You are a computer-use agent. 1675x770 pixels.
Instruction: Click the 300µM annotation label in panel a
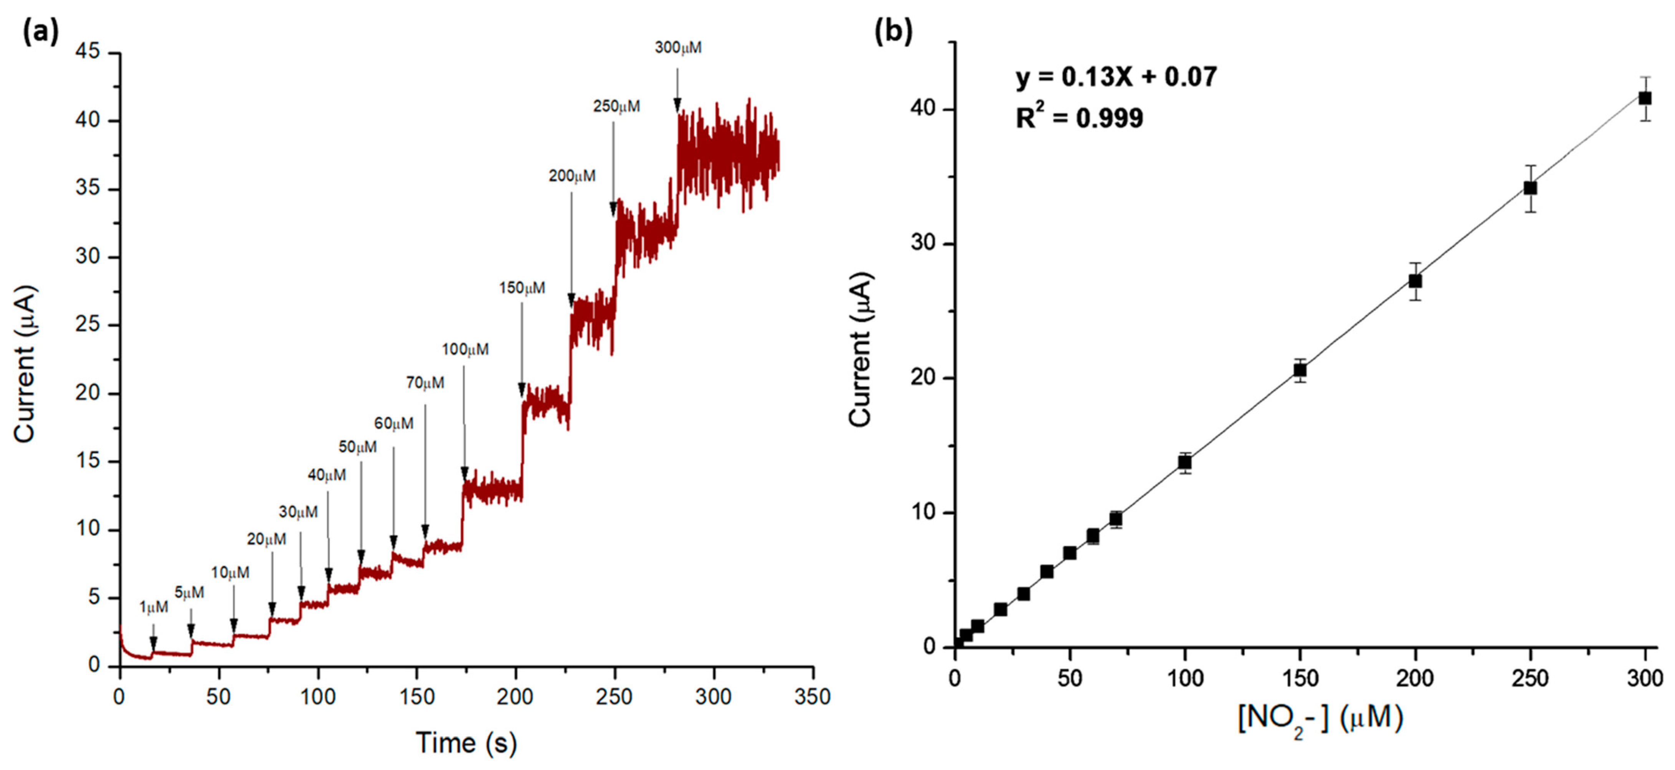point(678,48)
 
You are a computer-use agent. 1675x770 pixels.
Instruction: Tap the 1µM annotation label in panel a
point(154,607)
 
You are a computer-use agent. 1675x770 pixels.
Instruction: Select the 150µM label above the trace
point(522,288)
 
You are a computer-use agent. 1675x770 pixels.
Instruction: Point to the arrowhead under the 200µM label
point(572,300)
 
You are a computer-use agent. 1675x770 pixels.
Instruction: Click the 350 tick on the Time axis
point(812,697)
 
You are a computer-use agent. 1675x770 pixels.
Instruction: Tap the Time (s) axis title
point(466,743)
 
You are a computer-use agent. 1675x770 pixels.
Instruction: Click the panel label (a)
point(40,31)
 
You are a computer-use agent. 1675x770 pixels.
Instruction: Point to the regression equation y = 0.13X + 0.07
point(1116,77)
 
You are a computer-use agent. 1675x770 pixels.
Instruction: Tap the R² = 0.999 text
point(1079,118)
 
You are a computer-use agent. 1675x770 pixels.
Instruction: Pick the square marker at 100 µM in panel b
point(1185,462)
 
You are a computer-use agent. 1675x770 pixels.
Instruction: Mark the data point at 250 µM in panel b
point(1530,188)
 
